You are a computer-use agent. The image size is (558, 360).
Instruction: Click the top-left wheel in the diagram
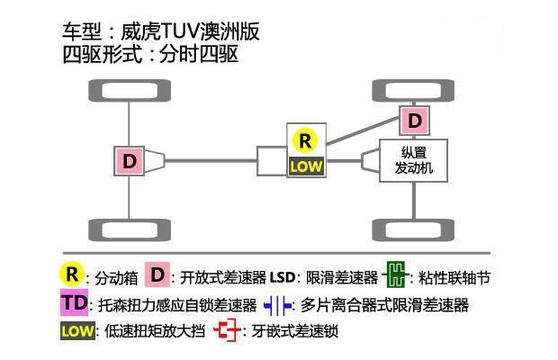pyautogui.click(x=130, y=91)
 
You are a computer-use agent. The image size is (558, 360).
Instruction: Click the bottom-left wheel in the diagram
pyautogui.click(x=130, y=230)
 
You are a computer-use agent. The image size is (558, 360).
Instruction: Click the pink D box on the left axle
pyautogui.click(x=130, y=161)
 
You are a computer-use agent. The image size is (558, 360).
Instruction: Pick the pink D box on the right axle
pyautogui.click(x=414, y=120)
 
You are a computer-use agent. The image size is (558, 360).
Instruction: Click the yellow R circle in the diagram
pyautogui.click(x=305, y=140)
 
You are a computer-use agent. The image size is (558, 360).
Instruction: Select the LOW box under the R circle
pyautogui.click(x=305, y=166)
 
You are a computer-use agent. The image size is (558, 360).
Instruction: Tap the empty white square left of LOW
pyautogui.click(x=272, y=161)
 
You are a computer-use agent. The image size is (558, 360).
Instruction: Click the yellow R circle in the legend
pyautogui.click(x=72, y=274)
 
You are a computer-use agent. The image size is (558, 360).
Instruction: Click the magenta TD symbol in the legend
pyautogui.click(x=76, y=303)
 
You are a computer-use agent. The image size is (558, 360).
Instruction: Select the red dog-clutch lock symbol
pyautogui.click(x=228, y=331)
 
